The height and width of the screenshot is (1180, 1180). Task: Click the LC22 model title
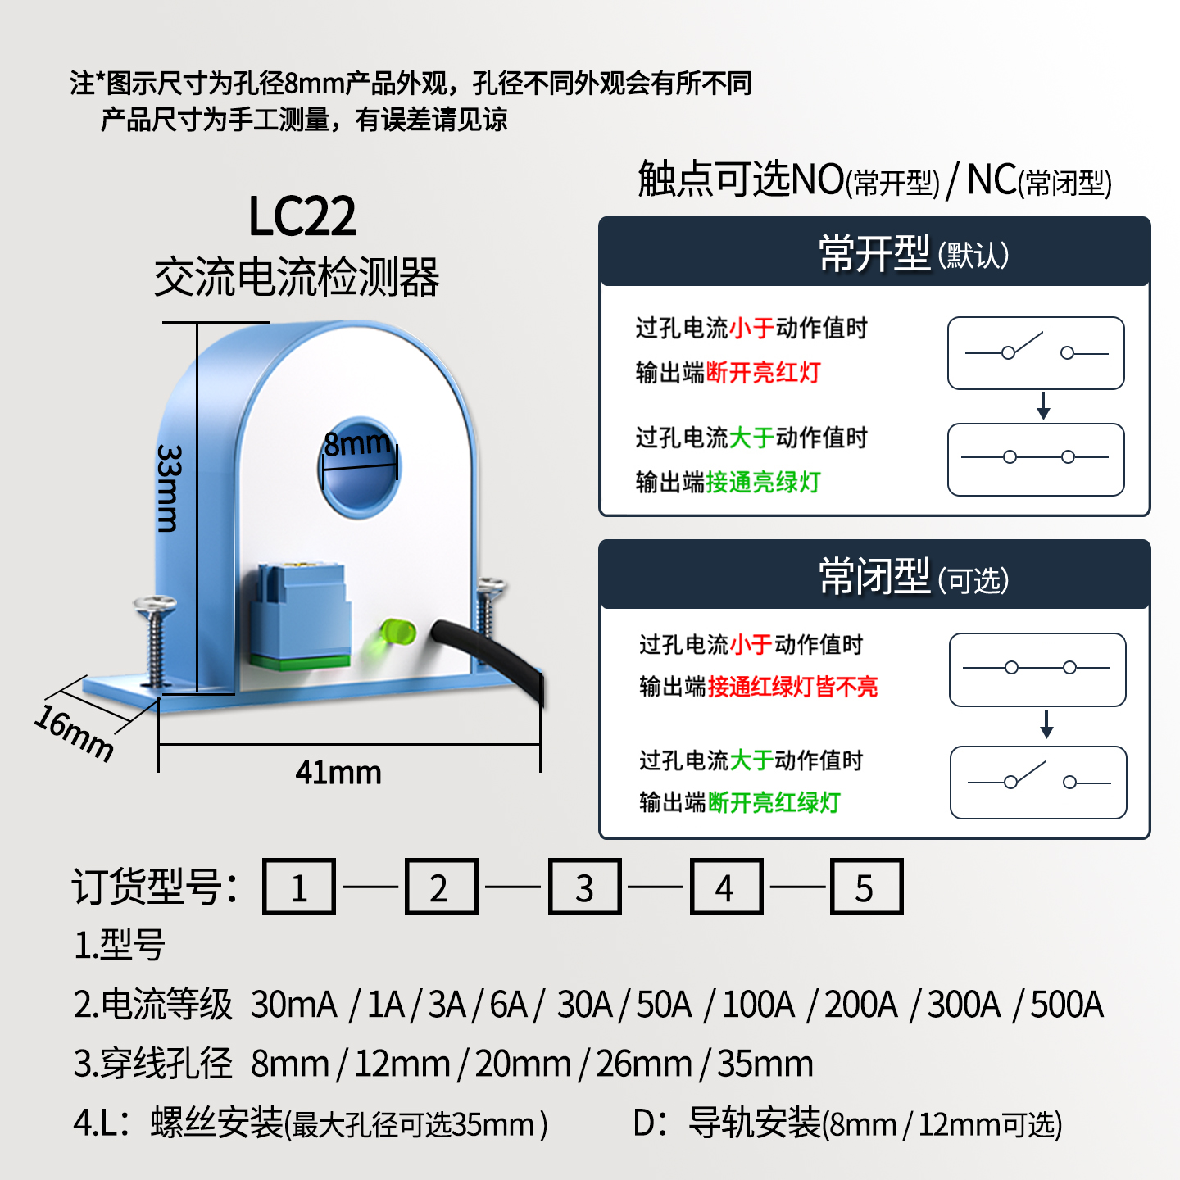click(x=302, y=216)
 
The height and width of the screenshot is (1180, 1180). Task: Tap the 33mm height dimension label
click(x=169, y=488)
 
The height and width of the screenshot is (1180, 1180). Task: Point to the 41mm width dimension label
click(x=338, y=773)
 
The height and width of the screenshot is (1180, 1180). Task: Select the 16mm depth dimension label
click(x=74, y=733)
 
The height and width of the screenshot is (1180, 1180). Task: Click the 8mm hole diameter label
click(x=357, y=444)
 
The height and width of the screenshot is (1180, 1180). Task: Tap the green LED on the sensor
click(x=397, y=633)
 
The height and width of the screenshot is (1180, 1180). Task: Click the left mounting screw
click(x=155, y=639)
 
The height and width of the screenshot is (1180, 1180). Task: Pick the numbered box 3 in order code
click(x=584, y=887)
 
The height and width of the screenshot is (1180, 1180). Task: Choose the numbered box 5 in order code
click(x=866, y=887)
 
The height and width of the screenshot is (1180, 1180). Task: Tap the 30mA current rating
click(x=294, y=1005)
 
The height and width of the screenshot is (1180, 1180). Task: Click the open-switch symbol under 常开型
click(x=1036, y=352)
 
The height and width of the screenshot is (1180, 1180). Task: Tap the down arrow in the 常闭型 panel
click(x=1046, y=724)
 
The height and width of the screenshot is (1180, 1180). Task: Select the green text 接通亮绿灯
click(x=763, y=482)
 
